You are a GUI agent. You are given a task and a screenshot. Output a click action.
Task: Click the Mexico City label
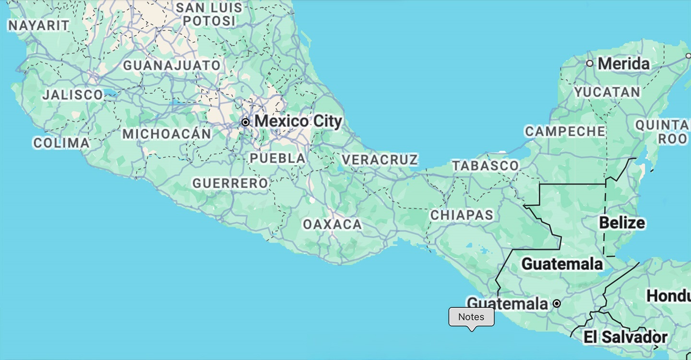(298, 121)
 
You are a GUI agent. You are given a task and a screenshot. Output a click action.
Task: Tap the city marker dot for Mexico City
(245, 122)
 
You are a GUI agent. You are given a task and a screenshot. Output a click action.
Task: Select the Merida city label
(624, 63)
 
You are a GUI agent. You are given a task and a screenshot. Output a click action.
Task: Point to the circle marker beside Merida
(590, 63)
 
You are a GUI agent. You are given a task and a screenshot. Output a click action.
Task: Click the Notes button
(471, 317)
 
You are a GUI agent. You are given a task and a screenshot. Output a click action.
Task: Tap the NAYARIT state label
(39, 25)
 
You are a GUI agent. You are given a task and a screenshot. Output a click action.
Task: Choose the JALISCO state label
(72, 95)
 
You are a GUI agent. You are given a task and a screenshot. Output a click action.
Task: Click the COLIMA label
(61, 143)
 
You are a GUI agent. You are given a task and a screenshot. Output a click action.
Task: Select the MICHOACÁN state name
(167, 134)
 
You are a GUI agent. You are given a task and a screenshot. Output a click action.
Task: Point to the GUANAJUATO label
(172, 65)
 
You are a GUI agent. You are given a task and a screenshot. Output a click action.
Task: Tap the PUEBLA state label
(277, 158)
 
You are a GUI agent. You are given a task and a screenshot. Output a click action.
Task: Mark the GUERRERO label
(230, 183)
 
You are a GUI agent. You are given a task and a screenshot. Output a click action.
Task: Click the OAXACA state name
(332, 224)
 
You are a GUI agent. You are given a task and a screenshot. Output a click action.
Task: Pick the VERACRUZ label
(380, 159)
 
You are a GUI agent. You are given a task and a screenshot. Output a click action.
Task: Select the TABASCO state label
(486, 166)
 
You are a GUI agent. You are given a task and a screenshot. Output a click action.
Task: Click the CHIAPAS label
(462, 215)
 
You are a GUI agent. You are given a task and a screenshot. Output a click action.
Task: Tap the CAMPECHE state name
(565, 131)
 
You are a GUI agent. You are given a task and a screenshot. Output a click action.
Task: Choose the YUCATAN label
(607, 92)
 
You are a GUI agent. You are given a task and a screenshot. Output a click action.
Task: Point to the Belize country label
(622, 223)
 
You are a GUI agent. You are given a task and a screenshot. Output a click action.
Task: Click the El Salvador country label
(625, 337)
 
